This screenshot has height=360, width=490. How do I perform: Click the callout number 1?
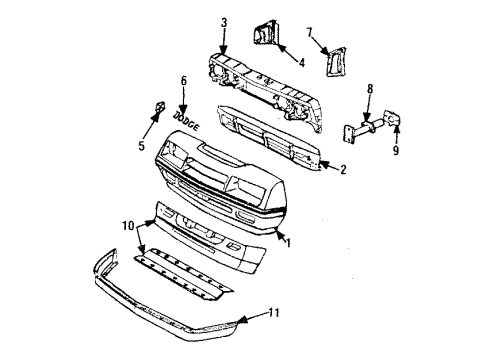click(289, 243)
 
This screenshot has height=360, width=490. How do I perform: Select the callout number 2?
click(343, 170)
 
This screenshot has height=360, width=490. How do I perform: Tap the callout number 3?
click(224, 21)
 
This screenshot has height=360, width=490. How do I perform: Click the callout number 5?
click(142, 142)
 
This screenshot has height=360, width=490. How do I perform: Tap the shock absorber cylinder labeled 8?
click(364, 127)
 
